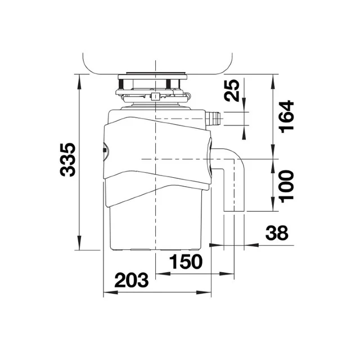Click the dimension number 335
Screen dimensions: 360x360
click(68, 160)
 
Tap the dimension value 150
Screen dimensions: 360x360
click(187, 262)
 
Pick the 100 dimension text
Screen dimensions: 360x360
click(286, 186)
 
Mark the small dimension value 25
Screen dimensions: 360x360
click(232, 90)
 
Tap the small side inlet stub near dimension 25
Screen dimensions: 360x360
click(214, 119)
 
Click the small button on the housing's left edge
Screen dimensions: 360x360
click(104, 150)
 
